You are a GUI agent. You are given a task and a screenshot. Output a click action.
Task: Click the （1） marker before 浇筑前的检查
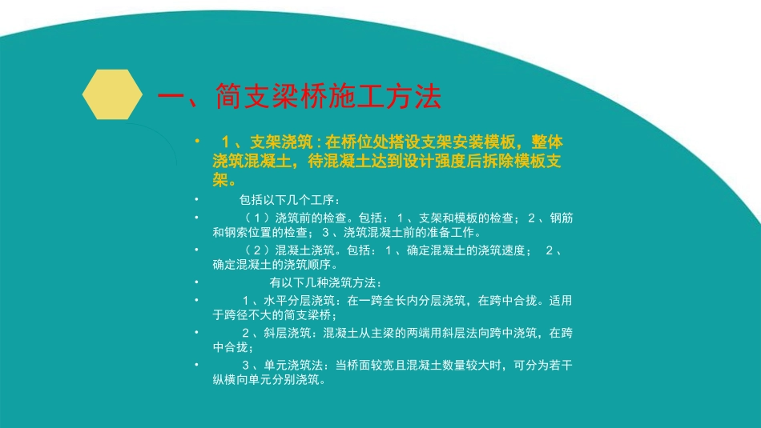(x=257, y=218)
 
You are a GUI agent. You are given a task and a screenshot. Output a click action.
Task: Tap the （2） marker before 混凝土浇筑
(x=257, y=251)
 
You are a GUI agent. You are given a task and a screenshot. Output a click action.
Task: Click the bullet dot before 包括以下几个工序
(x=197, y=199)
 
